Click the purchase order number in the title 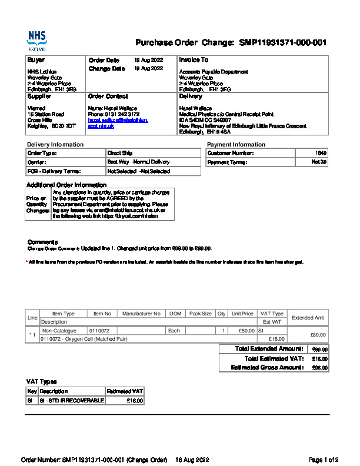point(283,43)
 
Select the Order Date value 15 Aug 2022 point(148,60)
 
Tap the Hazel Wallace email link point(118,120)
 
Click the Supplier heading point(39,96)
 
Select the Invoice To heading point(194,60)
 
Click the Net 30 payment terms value point(319,162)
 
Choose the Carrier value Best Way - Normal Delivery point(138,162)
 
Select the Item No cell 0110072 point(99,331)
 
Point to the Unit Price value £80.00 point(242,331)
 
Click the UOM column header point(175,314)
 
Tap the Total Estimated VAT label point(274,358)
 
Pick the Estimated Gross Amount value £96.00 point(320,368)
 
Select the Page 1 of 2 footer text point(323,459)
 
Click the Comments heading point(42,242)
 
